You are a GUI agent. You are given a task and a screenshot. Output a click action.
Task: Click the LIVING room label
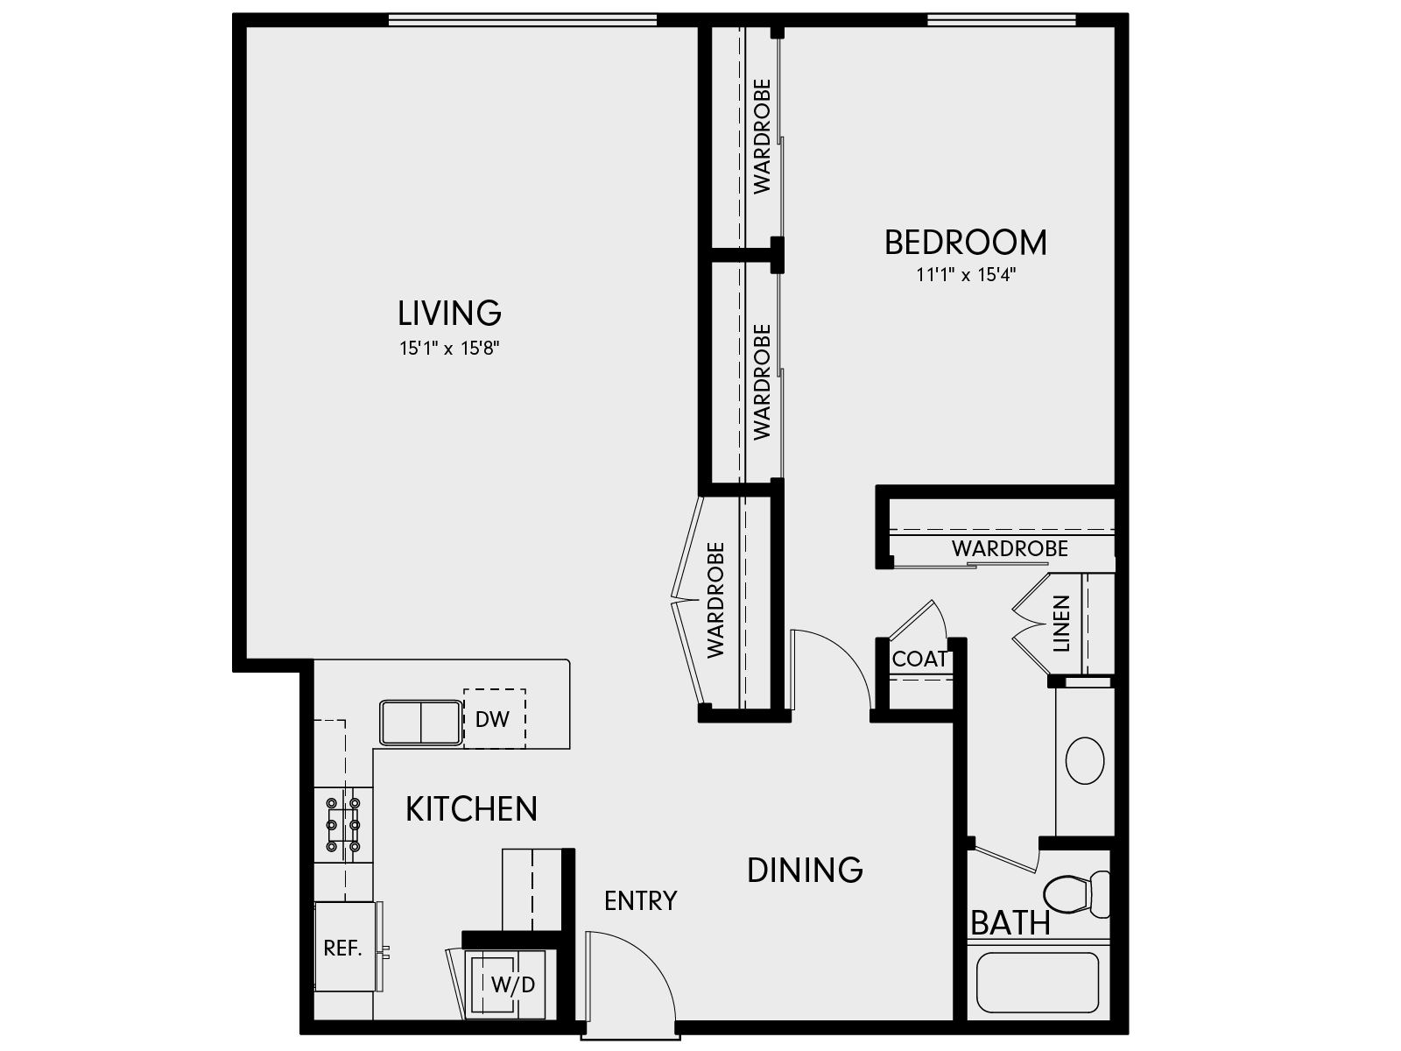tap(449, 313)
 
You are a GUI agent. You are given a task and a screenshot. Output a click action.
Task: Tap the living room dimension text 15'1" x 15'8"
tap(449, 349)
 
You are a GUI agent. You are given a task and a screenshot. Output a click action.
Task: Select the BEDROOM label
tap(965, 243)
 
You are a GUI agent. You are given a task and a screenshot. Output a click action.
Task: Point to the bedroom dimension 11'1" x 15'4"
tap(965, 275)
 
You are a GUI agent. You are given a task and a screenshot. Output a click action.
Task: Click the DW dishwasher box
tap(493, 719)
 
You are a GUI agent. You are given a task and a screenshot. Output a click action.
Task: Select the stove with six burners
tap(343, 823)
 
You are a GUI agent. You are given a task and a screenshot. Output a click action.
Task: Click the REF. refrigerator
tap(344, 948)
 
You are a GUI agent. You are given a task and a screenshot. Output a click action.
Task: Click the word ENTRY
tap(640, 900)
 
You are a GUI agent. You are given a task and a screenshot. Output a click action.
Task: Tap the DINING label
tap(805, 870)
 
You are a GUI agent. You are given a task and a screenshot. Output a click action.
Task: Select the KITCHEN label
tap(471, 809)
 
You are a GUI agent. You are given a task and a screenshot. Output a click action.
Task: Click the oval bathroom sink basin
tap(1086, 759)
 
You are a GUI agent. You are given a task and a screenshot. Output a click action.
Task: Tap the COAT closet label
tap(919, 659)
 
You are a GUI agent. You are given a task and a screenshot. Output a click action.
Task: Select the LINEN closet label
tap(1061, 624)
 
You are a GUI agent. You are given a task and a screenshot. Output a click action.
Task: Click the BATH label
tap(1010, 923)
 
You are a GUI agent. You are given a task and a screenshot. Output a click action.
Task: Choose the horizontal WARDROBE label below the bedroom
tap(1010, 549)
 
